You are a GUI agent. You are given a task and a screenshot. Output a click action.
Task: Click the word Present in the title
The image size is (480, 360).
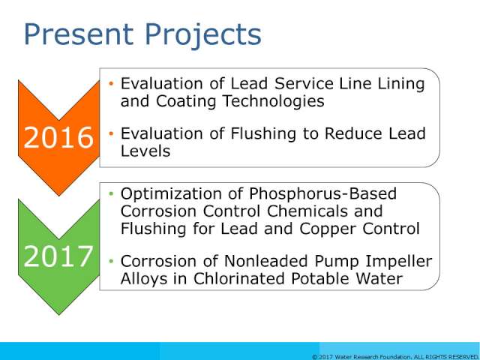(x=79, y=34)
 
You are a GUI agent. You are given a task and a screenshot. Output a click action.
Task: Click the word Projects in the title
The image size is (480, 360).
(x=203, y=35)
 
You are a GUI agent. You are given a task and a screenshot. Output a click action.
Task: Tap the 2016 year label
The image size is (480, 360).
(x=58, y=137)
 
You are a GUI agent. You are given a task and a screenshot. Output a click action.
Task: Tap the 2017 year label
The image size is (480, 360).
(x=58, y=256)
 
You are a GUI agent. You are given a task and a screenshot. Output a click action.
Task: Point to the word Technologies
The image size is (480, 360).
(x=273, y=101)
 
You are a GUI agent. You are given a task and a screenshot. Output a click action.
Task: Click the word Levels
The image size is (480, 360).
(x=145, y=151)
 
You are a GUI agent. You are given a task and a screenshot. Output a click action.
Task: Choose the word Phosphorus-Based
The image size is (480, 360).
(x=322, y=194)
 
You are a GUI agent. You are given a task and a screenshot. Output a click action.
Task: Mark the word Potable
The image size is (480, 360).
(x=318, y=278)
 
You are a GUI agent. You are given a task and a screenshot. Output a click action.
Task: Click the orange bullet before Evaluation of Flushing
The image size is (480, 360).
(x=111, y=133)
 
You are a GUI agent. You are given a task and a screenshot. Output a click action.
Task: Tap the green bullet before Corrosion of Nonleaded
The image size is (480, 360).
(x=111, y=262)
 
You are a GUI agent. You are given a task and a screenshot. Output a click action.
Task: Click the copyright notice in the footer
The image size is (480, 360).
(x=395, y=357)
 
